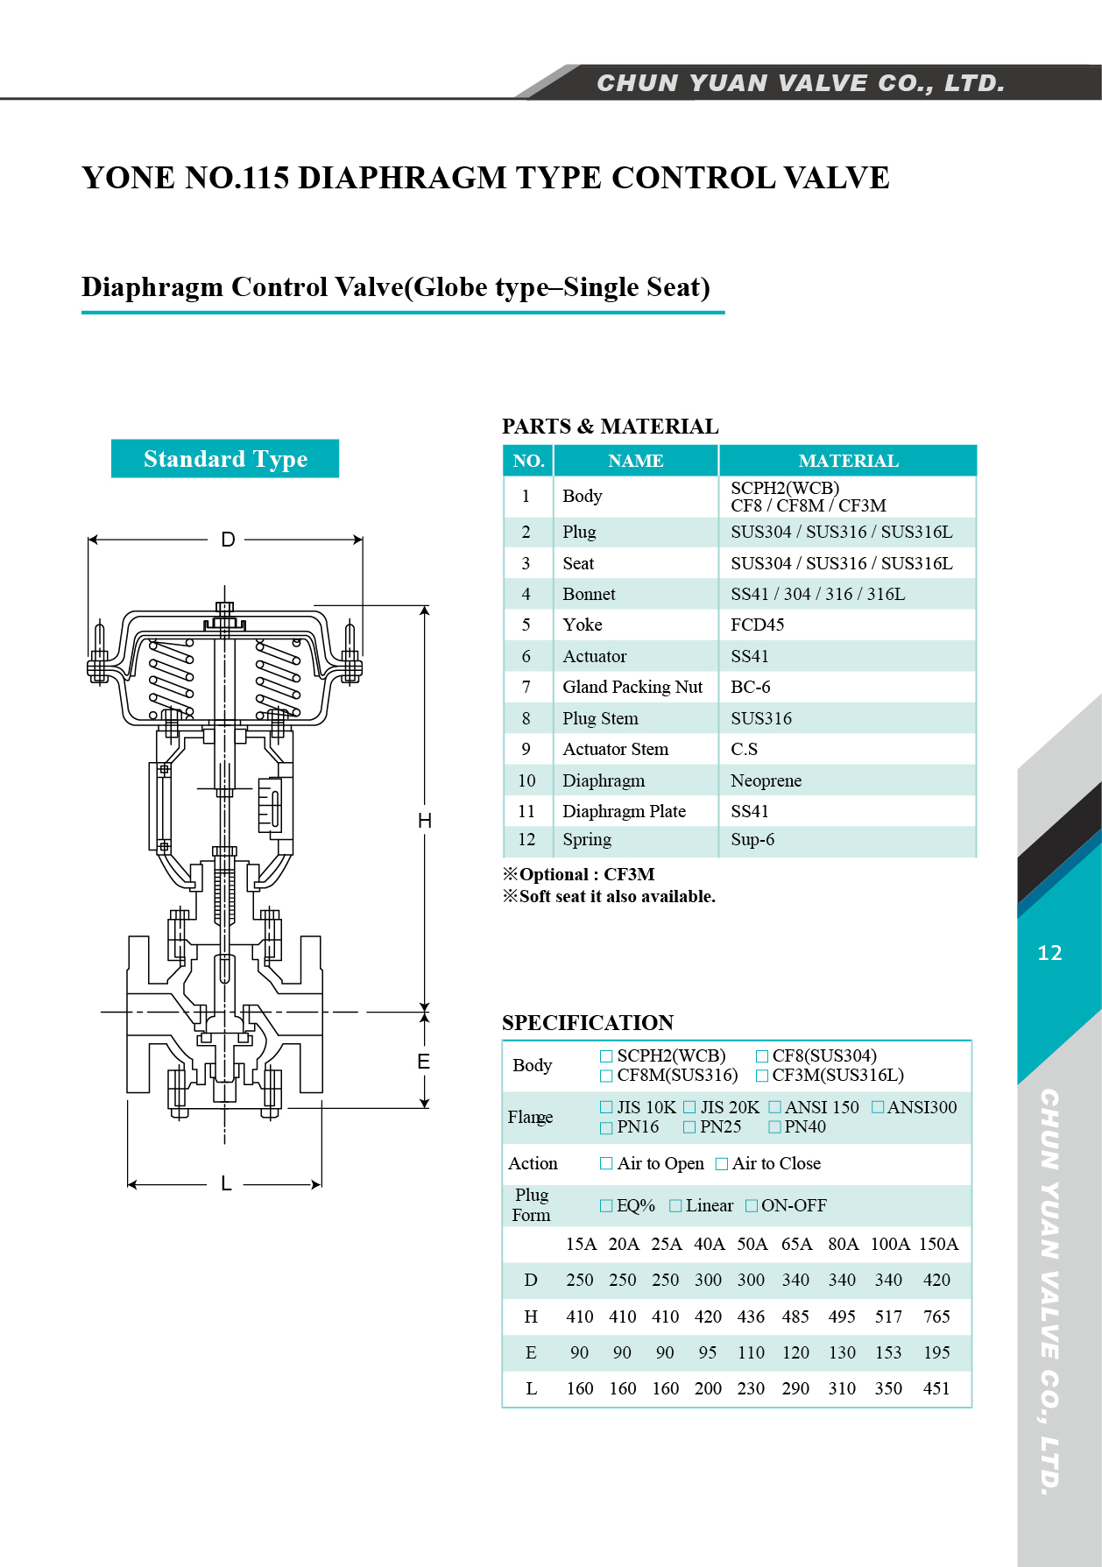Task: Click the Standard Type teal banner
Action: coord(225,458)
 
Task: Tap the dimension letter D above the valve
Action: coord(228,540)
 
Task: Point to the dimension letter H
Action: coord(425,821)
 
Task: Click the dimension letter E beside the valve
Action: coord(424,1062)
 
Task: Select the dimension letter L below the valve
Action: coord(226,1184)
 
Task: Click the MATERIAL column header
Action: coord(848,461)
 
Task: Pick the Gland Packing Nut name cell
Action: coord(632,687)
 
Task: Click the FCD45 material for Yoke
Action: coord(757,625)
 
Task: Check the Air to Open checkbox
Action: coord(606,1163)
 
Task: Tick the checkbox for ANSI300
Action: coord(879,1107)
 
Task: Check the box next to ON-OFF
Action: coord(752,1205)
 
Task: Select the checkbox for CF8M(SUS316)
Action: coord(606,1075)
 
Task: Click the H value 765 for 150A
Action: coord(936,1316)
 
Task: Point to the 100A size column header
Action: coord(890,1244)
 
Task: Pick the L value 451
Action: coord(936,1388)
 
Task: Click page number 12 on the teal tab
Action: coord(1049,953)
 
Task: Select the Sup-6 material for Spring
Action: coord(752,839)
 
